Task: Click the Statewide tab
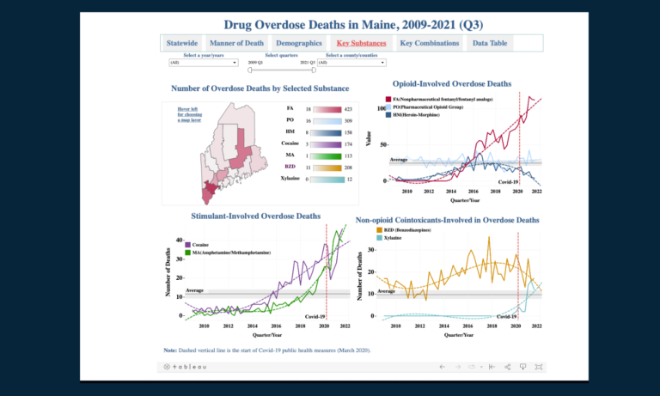181,43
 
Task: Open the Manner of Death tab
236,43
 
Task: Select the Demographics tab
297,43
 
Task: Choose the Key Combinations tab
428,43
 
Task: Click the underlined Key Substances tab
361,43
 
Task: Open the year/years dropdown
204,63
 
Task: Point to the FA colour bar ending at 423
327,110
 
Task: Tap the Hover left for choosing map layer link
191,115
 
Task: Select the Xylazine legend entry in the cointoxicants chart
393,237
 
